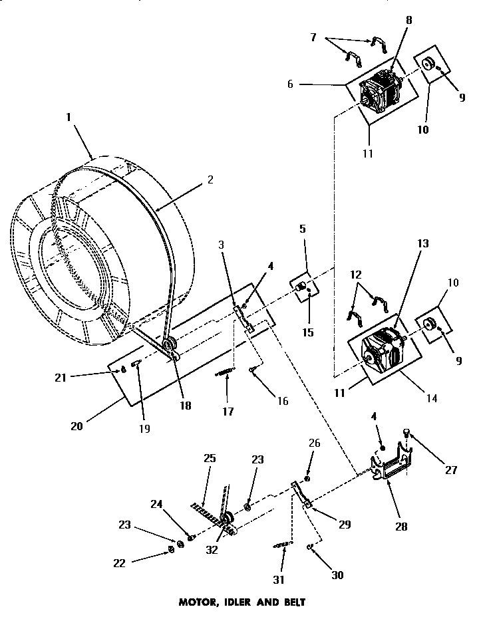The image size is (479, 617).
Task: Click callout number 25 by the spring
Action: pos(209,459)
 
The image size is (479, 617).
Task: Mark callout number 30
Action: pos(337,575)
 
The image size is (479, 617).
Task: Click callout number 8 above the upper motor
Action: pos(408,20)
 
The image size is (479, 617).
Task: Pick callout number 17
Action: pos(227,411)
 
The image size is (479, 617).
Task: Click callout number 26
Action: pos(315,443)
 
